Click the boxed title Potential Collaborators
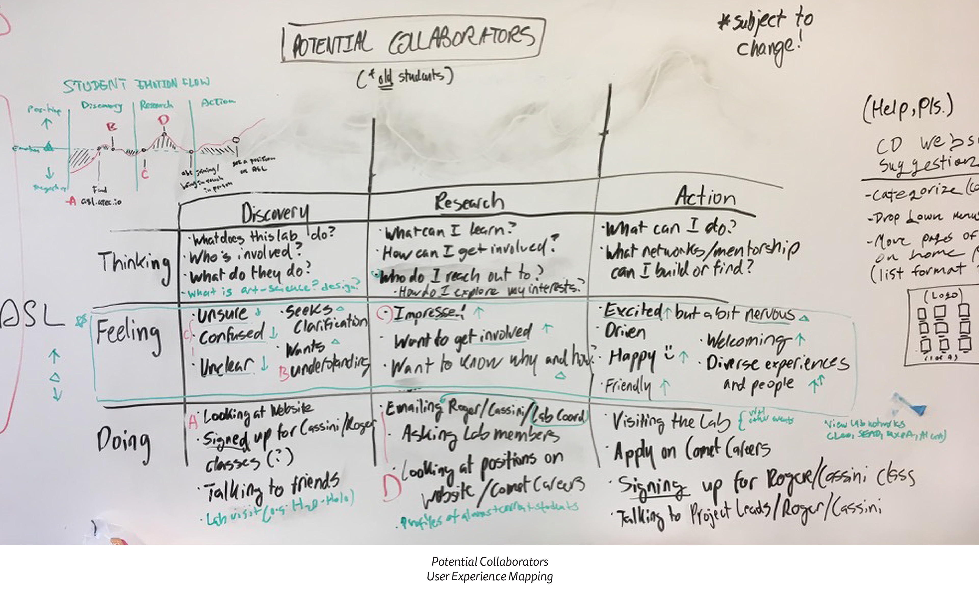pos(413,40)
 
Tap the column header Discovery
pos(275,213)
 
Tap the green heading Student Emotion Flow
pos(136,85)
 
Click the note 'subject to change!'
pos(767,36)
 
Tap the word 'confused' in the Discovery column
pos(232,335)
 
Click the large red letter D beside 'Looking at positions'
pos(391,487)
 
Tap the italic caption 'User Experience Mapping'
pos(489,576)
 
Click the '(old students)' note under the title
pos(405,77)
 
